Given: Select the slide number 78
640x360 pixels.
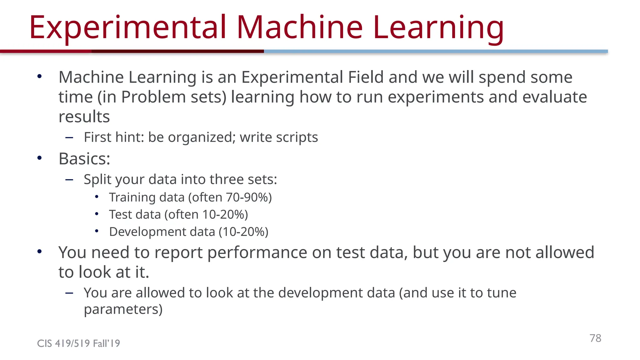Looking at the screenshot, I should pyautogui.click(x=595, y=338).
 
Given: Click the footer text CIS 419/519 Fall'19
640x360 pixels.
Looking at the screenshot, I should pyautogui.click(x=78, y=343).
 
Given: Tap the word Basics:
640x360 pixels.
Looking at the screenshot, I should pyautogui.click(x=84, y=159).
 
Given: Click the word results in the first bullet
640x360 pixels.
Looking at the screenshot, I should pyautogui.click(x=84, y=117).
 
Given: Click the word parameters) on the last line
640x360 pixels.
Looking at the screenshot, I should pyautogui.click(x=123, y=309).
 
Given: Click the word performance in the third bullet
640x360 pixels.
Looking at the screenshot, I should pyautogui.click(x=257, y=252).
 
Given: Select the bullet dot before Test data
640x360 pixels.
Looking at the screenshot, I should pyautogui.click(x=97, y=214).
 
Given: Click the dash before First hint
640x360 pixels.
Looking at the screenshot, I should pyautogui.click(x=69, y=137).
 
